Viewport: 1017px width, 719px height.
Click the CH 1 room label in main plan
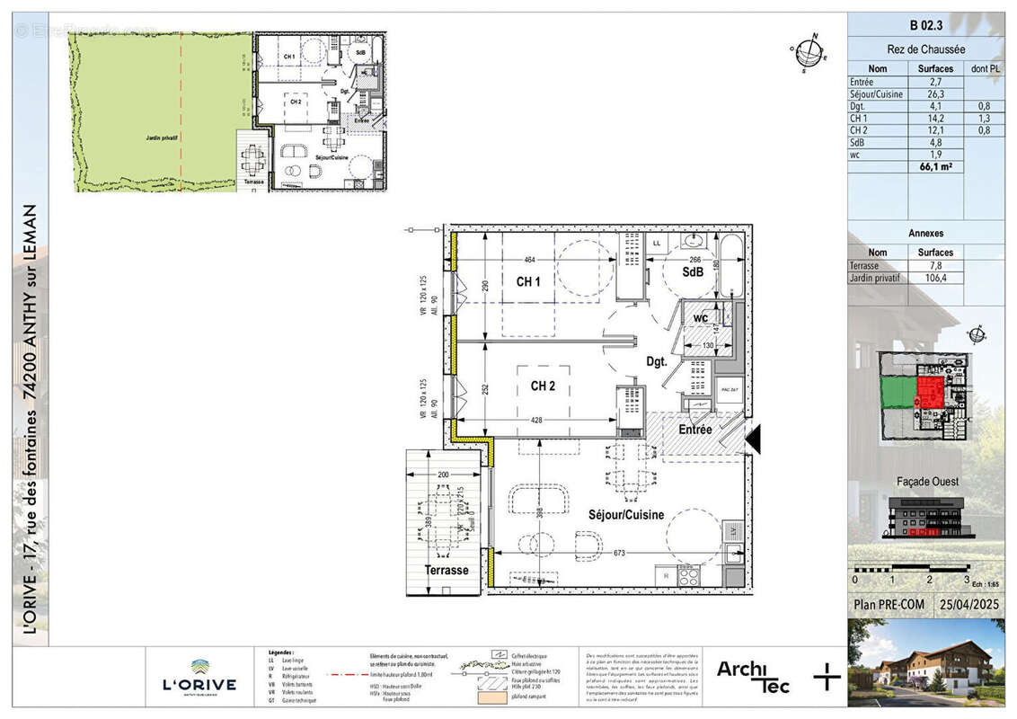coord(528,281)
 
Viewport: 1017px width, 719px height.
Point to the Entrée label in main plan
coord(695,431)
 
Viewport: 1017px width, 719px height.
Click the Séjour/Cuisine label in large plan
coord(626,515)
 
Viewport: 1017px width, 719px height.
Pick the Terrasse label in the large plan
coord(447,571)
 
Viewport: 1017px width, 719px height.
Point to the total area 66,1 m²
coord(935,165)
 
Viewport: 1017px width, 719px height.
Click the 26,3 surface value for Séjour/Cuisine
coord(935,93)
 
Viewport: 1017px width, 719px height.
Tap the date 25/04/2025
coord(968,605)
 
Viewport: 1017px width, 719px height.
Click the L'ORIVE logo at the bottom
coord(199,679)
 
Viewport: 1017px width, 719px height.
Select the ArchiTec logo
coord(753,676)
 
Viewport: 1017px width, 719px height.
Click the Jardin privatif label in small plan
coord(163,138)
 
